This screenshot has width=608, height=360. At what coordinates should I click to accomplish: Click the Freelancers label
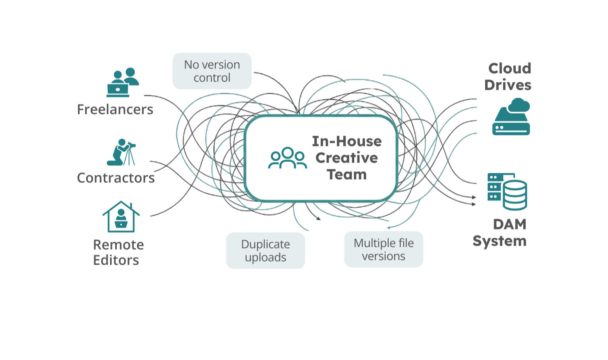pos(115,110)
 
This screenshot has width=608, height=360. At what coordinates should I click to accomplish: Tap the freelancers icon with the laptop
pos(122,82)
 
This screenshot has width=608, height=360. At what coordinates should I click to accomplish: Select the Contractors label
pos(116,178)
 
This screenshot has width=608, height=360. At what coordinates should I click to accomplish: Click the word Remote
pos(118,245)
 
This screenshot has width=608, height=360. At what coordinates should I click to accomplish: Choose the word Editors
pos(116,260)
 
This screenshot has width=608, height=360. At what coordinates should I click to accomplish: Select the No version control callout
pos(212,71)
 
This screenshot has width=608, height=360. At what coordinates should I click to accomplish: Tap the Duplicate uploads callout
pos(265,251)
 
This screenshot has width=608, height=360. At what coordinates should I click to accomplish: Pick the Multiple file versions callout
pos(384,250)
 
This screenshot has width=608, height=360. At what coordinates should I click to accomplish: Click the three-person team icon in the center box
pos(288,158)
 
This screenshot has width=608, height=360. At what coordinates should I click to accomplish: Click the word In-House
pos(347,141)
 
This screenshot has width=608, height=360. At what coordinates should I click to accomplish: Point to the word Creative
pos(347,158)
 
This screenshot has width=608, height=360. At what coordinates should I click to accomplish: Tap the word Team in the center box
pos(347,174)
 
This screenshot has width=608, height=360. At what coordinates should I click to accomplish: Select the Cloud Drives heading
pos(508,77)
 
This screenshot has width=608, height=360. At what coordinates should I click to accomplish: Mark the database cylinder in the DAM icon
pos(515,195)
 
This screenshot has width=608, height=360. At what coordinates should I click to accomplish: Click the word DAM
pos(510,224)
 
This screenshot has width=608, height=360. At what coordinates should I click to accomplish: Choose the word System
pos(500,241)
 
